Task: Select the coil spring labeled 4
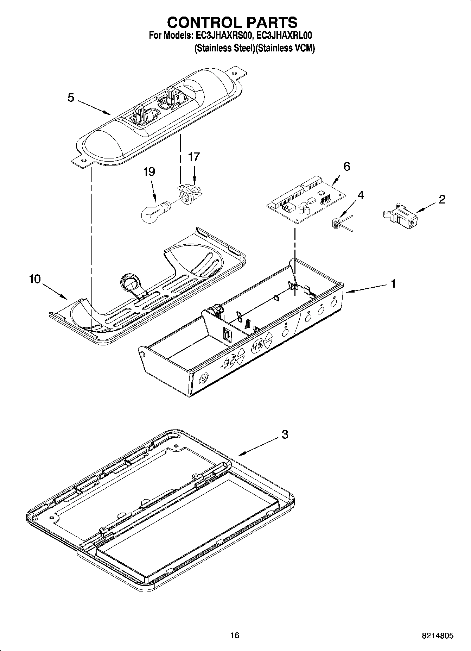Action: (337, 224)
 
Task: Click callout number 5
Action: (71, 98)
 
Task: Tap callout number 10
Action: (35, 279)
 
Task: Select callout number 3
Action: (285, 434)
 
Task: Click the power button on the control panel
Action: (203, 379)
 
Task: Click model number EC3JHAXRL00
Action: (284, 36)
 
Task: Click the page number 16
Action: (235, 635)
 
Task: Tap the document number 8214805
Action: (438, 636)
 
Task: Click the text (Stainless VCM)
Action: (285, 48)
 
